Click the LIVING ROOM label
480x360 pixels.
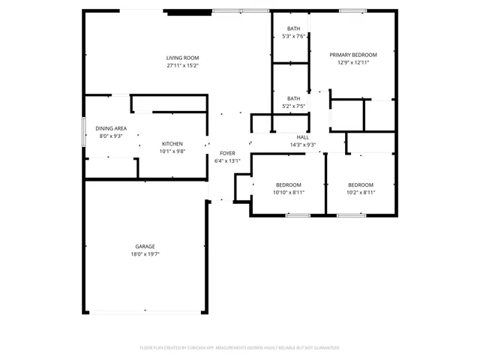182,58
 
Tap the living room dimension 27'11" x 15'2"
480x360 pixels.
182,66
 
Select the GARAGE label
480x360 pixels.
145,246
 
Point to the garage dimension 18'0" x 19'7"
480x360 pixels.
145,254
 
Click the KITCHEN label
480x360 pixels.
172,143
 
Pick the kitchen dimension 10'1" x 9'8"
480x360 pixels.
172,151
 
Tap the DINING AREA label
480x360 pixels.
111,128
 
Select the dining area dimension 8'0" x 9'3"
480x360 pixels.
111,136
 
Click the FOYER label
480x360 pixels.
227,153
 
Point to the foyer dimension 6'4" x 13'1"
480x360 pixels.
227,161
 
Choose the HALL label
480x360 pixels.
303,137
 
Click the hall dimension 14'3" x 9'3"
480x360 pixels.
303,145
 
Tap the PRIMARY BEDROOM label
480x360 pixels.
353,55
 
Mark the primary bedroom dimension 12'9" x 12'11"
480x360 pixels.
353,63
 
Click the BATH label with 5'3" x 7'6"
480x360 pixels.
293,28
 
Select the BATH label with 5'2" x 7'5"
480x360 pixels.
293,98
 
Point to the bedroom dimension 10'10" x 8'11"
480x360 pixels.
289,193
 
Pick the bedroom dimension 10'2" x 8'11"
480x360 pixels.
361,193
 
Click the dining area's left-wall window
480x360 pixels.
83,132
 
